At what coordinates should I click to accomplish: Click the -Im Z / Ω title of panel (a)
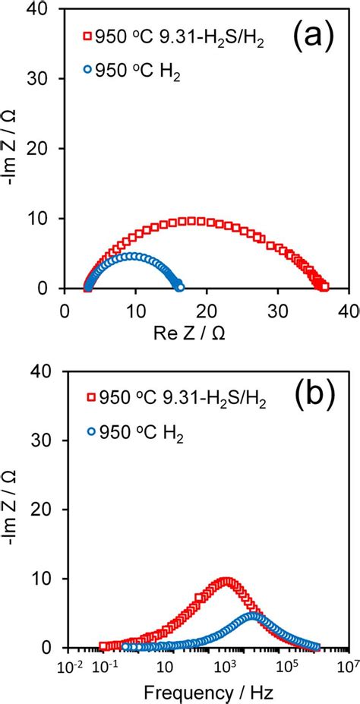[x=14, y=148]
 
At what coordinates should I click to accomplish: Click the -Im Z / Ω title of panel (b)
[x=14, y=507]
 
